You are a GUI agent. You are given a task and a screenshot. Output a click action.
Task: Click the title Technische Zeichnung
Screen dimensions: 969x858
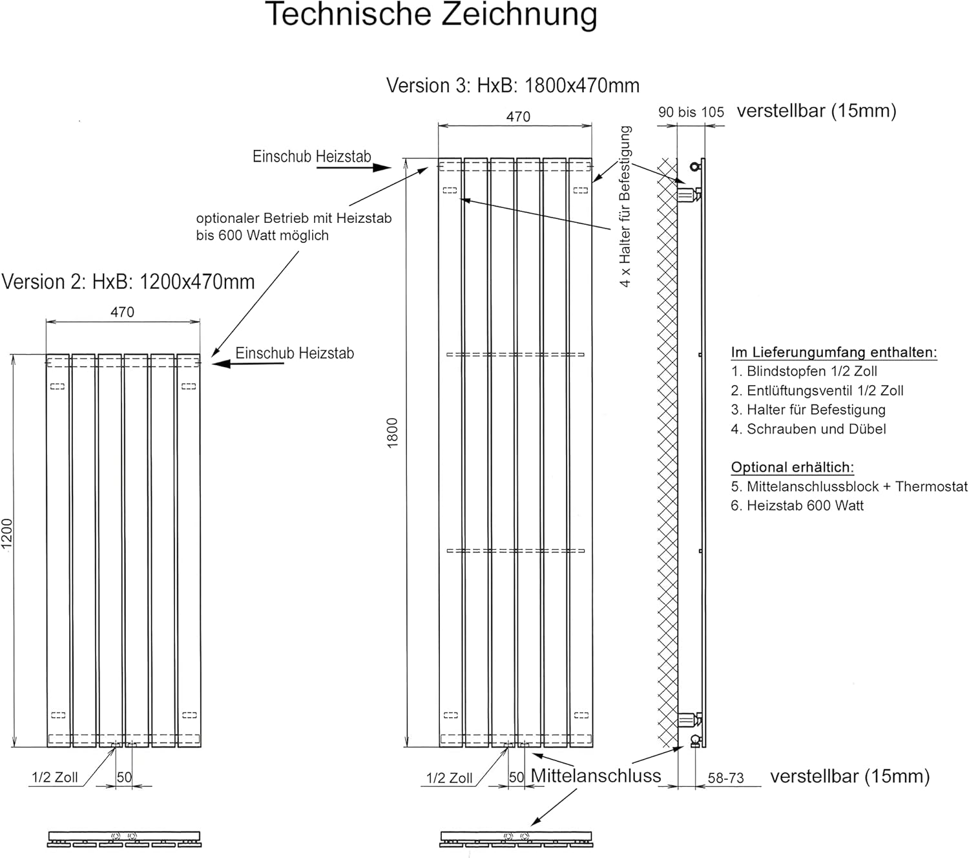coord(431,14)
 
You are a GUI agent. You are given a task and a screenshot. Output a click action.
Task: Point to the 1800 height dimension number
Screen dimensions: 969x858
coord(392,433)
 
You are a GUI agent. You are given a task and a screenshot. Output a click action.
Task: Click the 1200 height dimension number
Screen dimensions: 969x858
coord(6,534)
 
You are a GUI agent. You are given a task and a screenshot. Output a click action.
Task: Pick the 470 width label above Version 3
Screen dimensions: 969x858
coord(519,117)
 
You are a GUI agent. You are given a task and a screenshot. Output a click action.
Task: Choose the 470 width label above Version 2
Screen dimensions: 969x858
coord(123,312)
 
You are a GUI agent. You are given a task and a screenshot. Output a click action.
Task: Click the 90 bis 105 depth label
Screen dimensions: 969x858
coord(691,112)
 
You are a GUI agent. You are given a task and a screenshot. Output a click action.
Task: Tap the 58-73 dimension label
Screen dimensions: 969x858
coord(725,778)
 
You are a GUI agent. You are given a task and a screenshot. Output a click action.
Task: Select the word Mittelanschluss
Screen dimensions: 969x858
coord(596,776)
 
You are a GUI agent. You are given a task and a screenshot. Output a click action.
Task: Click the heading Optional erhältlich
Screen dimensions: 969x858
coord(793,467)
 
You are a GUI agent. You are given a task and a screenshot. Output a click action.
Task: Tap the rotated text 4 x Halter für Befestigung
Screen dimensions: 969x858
coord(625,206)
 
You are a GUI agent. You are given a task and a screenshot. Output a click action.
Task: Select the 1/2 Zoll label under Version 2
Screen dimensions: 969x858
coord(54,777)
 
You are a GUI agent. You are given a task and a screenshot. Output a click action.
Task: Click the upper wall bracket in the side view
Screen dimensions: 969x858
coord(689,194)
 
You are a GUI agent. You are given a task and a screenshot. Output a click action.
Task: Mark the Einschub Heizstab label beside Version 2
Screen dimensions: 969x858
coord(295,353)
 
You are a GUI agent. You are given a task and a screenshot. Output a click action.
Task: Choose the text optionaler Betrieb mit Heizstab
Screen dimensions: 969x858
coord(294,218)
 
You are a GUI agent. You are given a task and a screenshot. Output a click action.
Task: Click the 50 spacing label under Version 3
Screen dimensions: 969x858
coord(517,777)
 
